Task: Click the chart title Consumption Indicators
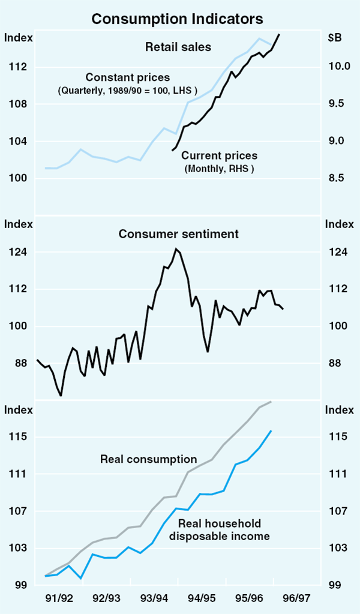pos(177,19)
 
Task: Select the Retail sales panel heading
pos(178,47)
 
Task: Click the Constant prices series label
pos(128,77)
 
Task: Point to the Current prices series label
pos(219,156)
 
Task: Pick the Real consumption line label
pos(149,460)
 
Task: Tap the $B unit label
pos(335,38)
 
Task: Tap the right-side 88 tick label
pos(336,363)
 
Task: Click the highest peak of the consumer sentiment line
pos(176,248)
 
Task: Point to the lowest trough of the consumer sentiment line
pos(61,396)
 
